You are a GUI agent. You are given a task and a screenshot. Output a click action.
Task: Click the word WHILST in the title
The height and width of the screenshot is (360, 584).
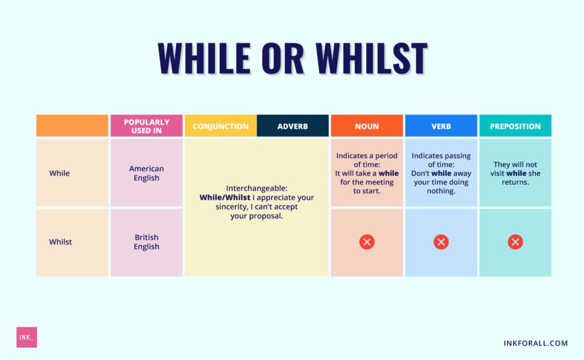(371, 58)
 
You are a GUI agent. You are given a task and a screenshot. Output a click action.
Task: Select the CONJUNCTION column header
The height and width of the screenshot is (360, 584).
(220, 126)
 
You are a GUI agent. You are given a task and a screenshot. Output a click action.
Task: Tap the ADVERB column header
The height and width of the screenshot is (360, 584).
(293, 126)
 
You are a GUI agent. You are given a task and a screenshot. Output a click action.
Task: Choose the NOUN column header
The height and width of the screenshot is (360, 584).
(367, 126)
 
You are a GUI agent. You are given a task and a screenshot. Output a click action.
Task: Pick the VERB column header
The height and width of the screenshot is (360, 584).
(441, 126)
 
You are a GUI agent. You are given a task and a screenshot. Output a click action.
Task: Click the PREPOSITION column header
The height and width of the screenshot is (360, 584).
(515, 126)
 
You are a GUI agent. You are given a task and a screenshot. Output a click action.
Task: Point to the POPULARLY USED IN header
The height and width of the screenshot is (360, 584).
(146, 126)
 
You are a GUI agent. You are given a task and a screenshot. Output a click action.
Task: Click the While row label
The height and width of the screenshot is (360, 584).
(60, 173)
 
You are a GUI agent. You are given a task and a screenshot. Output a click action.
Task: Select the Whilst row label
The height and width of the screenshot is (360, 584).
(60, 242)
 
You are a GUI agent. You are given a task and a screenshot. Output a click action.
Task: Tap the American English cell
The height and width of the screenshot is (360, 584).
(146, 173)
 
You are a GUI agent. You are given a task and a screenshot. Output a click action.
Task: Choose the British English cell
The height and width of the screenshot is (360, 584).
(146, 242)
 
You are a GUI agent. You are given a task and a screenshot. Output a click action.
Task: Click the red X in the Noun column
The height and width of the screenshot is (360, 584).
(367, 242)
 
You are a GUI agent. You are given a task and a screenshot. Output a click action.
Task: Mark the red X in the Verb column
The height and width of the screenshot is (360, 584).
(441, 242)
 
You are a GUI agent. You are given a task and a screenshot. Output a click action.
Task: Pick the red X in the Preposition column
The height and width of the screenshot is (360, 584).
(515, 242)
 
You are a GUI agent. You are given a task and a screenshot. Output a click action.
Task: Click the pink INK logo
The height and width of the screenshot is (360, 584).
(26, 337)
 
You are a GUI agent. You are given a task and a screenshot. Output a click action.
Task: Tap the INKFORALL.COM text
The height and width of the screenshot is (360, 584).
(535, 343)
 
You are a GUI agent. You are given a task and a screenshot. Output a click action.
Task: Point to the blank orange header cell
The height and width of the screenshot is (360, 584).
(72, 126)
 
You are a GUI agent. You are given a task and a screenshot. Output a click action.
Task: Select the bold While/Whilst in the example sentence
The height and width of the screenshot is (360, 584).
(223, 197)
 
